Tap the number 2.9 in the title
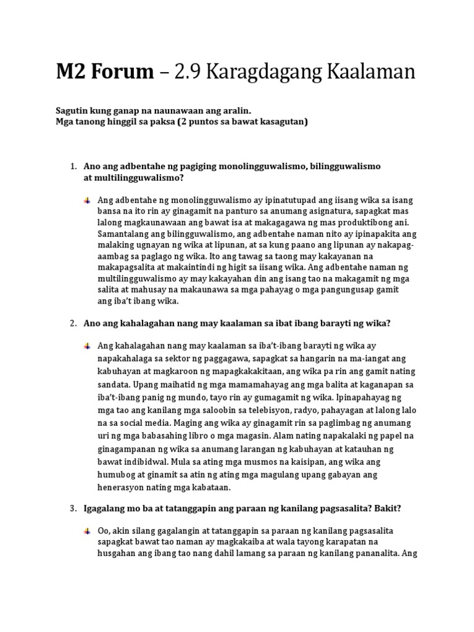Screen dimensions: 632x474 point(188,73)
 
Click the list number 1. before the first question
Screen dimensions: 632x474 point(72,167)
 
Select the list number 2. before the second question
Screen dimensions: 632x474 point(72,323)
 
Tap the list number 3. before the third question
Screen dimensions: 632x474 point(72,509)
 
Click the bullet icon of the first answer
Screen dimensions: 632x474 point(88,201)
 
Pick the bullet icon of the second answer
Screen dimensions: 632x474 point(88,346)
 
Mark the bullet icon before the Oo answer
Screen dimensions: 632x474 point(88,531)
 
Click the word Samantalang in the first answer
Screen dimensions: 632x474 point(124,235)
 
